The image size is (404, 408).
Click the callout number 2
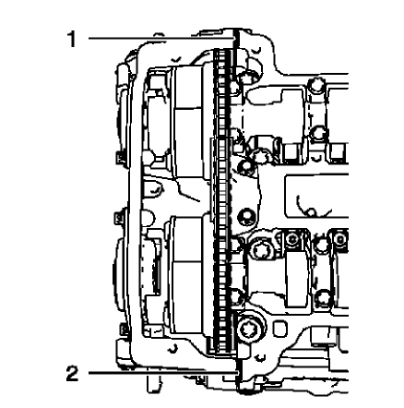pyautogui.click(x=69, y=373)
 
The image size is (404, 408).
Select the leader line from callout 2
pyautogui.click(x=148, y=373)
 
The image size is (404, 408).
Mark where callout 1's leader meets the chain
pyautogui.click(x=231, y=39)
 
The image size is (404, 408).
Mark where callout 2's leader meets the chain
pyautogui.click(x=231, y=373)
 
